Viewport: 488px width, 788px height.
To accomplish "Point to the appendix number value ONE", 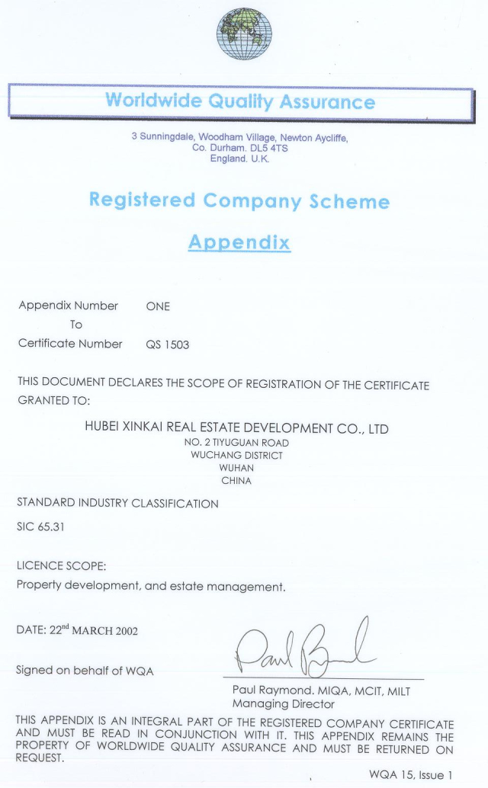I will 158,306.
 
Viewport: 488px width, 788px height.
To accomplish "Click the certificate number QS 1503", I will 167,344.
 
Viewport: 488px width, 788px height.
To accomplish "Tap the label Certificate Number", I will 70,344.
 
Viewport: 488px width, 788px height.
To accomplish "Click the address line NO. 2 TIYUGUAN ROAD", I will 237,443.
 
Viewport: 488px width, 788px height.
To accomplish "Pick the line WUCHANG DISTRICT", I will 236,456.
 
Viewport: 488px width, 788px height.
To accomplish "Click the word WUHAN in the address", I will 236,469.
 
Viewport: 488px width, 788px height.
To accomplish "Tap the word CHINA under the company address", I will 236,482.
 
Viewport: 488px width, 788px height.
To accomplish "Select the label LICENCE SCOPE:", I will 61,566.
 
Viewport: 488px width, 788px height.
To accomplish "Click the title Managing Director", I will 283,704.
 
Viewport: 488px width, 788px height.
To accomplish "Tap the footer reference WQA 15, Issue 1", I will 411,775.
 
